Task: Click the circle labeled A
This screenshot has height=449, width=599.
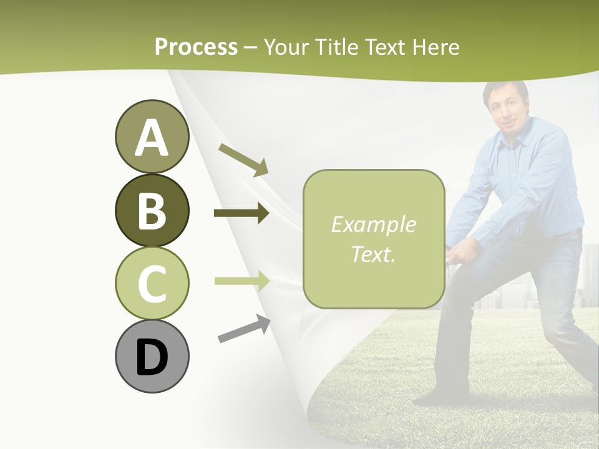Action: click(x=152, y=137)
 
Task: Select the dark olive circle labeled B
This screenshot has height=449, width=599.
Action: click(x=152, y=210)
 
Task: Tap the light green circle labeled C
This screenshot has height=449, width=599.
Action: click(x=152, y=283)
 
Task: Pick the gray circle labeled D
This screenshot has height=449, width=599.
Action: click(x=152, y=356)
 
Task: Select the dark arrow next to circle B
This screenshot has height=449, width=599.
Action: click(x=241, y=213)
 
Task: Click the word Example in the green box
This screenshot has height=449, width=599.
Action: click(x=373, y=224)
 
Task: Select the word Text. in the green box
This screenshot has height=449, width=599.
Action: click(x=373, y=254)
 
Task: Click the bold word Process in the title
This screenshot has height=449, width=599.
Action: click(x=196, y=47)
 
